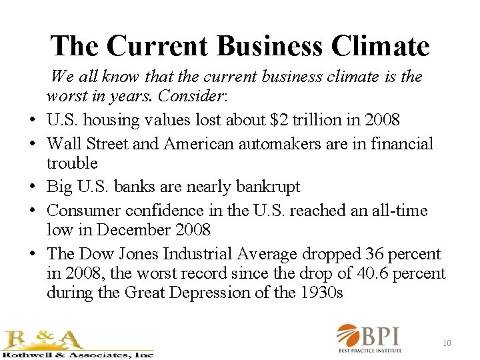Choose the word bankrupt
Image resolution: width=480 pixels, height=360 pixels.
pos(267,187)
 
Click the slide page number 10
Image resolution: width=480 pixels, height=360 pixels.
pos(447,343)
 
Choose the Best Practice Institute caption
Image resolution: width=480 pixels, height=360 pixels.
pos(371,350)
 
